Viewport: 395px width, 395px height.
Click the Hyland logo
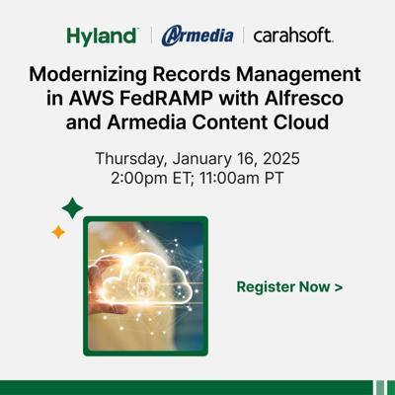pyautogui.click(x=103, y=36)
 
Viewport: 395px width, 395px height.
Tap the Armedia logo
pyautogui.click(x=197, y=36)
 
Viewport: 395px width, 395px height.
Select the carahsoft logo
pyautogui.click(x=293, y=36)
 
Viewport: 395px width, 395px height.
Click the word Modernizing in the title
pyautogui.click(x=88, y=75)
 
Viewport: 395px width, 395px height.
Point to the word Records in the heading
pyautogui.click(x=191, y=74)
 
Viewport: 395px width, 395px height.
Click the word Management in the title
pyautogui.click(x=298, y=75)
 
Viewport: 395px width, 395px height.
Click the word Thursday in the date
pyautogui.click(x=129, y=159)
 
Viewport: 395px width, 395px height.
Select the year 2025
pyautogui.click(x=281, y=158)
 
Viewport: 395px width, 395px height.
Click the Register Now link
pyautogui.click(x=289, y=286)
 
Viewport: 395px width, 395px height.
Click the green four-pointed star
pyautogui.click(x=72, y=208)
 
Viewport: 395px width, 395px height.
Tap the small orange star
pyautogui.click(x=58, y=232)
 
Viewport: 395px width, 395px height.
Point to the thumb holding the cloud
pyautogui.click(x=108, y=308)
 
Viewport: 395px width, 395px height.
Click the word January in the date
pyautogui.click(x=202, y=159)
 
